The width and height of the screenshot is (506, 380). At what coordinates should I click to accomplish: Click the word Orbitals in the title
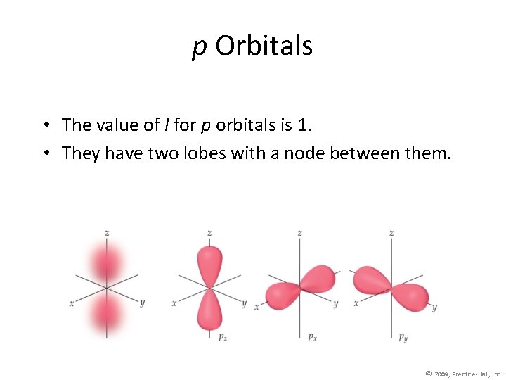(264, 46)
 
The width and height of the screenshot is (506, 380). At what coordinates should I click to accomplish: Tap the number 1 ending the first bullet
(303, 125)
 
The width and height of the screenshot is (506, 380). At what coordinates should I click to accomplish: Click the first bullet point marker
(44, 126)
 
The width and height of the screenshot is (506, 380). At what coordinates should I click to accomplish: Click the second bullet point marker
(44, 153)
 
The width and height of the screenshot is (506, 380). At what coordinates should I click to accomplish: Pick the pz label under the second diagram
(222, 337)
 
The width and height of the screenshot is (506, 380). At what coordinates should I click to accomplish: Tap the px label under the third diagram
(312, 337)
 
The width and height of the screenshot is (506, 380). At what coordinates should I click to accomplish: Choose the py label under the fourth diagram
(403, 337)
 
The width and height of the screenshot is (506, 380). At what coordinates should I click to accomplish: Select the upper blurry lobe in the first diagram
(107, 263)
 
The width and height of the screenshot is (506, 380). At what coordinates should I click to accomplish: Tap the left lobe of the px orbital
(281, 294)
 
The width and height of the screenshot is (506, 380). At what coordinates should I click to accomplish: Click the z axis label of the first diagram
(107, 232)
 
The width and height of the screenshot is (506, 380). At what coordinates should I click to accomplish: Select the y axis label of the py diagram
(434, 308)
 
